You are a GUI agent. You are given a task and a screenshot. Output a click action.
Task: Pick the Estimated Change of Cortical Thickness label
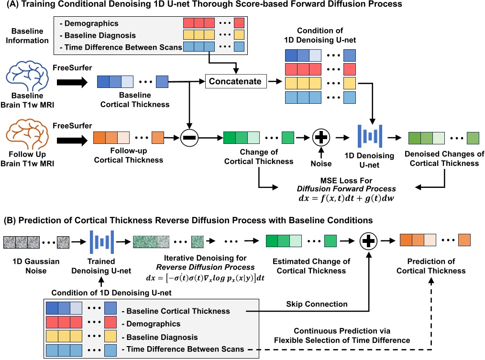point(311,266)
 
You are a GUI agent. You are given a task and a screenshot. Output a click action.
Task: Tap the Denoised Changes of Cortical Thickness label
point(444,159)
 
